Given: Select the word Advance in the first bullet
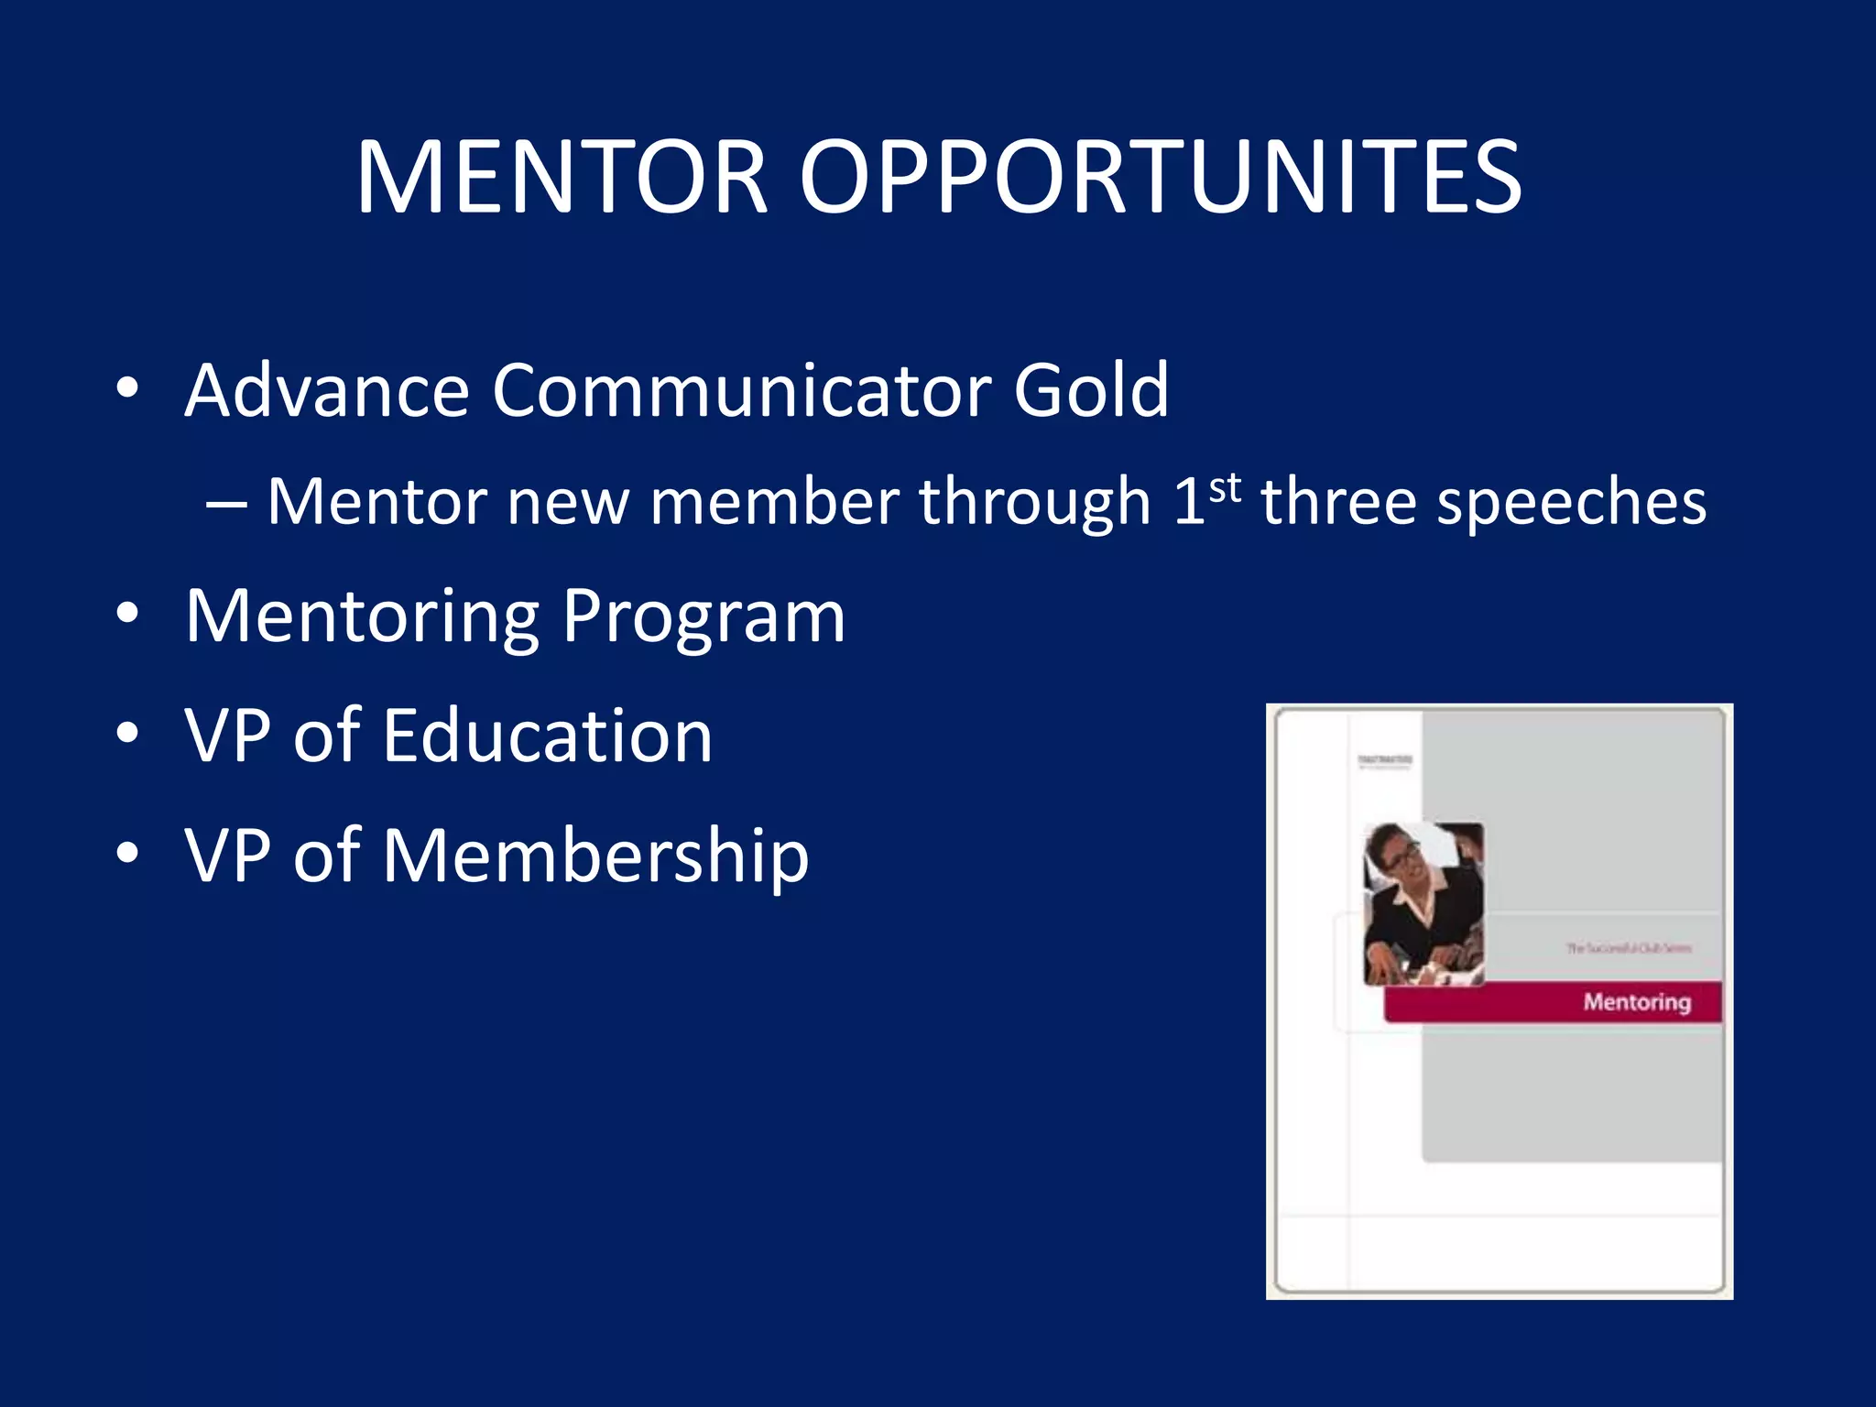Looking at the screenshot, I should [328, 390].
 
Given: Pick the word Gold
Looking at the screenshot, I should [1090, 390].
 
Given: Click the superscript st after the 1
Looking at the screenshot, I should [1226, 489].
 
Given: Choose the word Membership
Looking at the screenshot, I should [595, 856].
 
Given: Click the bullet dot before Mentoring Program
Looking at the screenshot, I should [127, 614].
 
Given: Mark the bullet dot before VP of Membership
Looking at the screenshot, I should [127, 853].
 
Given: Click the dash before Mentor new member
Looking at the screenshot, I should [225, 505].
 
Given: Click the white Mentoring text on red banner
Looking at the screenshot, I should [1636, 1001].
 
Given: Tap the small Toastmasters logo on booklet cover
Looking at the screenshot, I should [1384, 761].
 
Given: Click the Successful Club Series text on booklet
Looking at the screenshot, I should [1628, 948].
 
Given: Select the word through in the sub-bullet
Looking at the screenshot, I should [1034, 504].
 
